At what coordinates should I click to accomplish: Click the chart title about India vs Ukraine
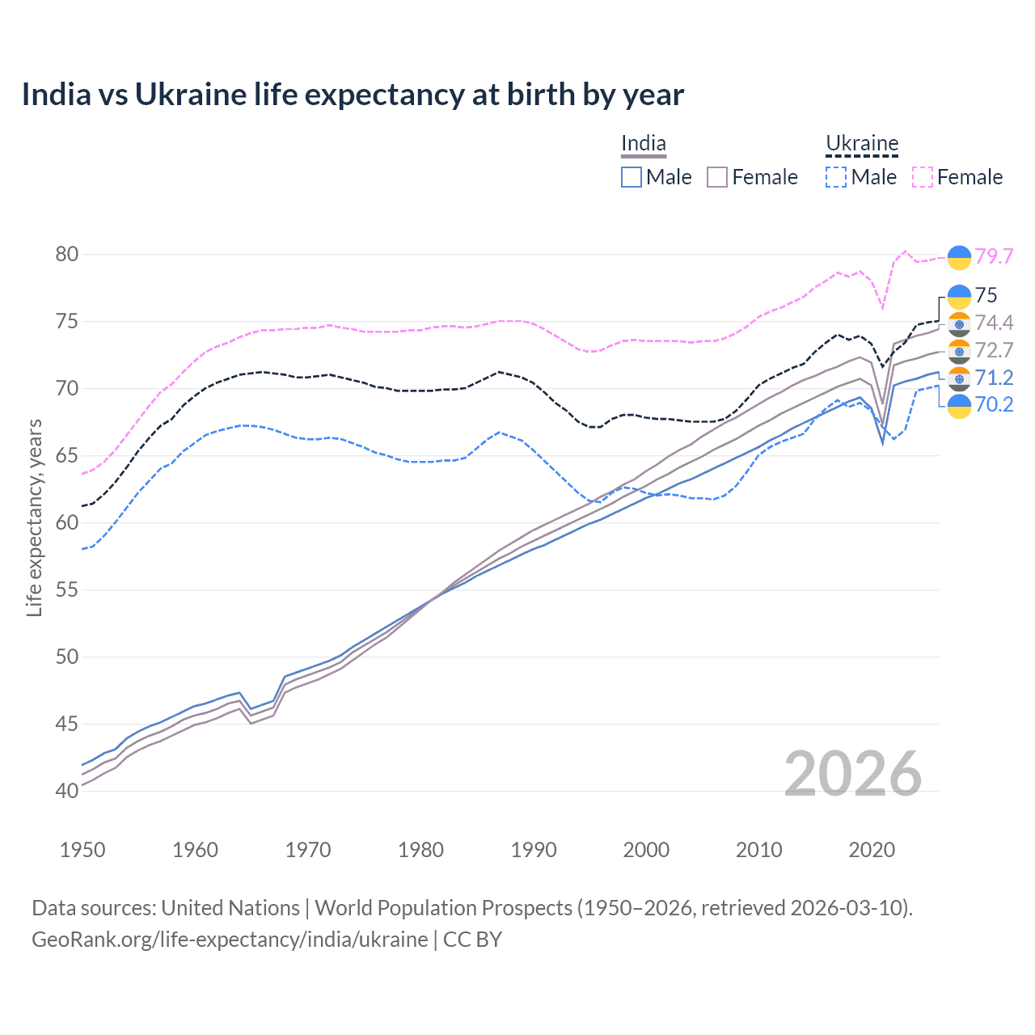(353, 95)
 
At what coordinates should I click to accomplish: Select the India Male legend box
(632, 177)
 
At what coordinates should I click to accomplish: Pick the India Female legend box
(717, 177)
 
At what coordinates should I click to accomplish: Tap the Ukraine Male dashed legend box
(836, 177)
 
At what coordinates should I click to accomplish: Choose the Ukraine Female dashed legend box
(923, 177)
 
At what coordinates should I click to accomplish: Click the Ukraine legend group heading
(862, 144)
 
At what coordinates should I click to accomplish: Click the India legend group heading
(644, 144)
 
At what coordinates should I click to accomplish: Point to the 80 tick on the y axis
(67, 254)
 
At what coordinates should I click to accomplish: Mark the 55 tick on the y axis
(67, 589)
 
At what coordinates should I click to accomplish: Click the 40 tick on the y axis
(67, 791)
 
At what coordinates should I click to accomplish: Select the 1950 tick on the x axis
(82, 850)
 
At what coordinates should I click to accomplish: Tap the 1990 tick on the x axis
(534, 850)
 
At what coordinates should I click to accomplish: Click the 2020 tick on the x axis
(872, 850)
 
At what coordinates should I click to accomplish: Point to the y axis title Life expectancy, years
(34, 517)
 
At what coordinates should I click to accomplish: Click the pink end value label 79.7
(994, 256)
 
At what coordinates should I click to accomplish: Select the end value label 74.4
(994, 323)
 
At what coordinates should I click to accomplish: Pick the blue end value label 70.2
(994, 404)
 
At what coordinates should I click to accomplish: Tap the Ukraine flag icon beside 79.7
(959, 256)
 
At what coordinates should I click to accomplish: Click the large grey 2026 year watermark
(852, 774)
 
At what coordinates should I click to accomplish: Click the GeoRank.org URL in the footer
(230, 940)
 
